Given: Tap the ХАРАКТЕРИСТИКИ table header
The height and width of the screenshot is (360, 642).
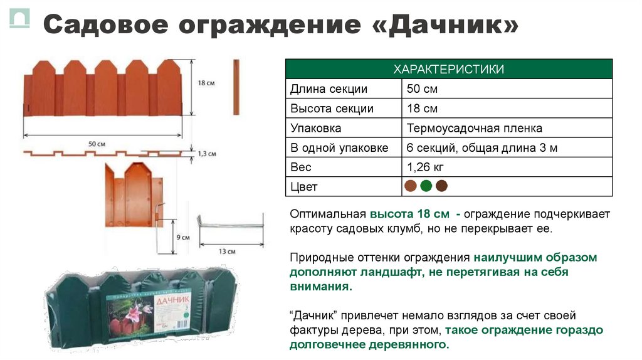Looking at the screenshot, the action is coord(448,69).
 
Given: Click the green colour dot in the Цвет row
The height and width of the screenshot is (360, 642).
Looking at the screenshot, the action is coord(426,186).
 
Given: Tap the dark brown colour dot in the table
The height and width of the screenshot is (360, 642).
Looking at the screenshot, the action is coord(441,186).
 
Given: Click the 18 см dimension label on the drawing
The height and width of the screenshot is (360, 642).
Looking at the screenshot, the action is coord(205,82).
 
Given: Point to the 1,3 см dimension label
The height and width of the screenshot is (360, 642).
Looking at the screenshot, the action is coord(206,153).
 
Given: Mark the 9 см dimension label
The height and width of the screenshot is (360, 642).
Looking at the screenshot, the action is coord(183,237).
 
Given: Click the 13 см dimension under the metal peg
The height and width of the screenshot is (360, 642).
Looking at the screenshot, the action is coord(227,251).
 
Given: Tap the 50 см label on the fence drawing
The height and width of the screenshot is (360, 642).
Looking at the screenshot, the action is coord(96,144).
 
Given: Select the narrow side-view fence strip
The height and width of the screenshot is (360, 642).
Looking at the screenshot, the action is coord(236,87).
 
